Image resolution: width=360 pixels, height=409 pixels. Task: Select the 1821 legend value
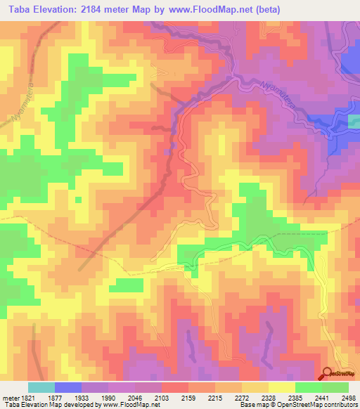click(27, 397)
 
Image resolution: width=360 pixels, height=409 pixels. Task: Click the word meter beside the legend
click(9, 397)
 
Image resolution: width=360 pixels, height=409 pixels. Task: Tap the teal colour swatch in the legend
click(41, 387)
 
